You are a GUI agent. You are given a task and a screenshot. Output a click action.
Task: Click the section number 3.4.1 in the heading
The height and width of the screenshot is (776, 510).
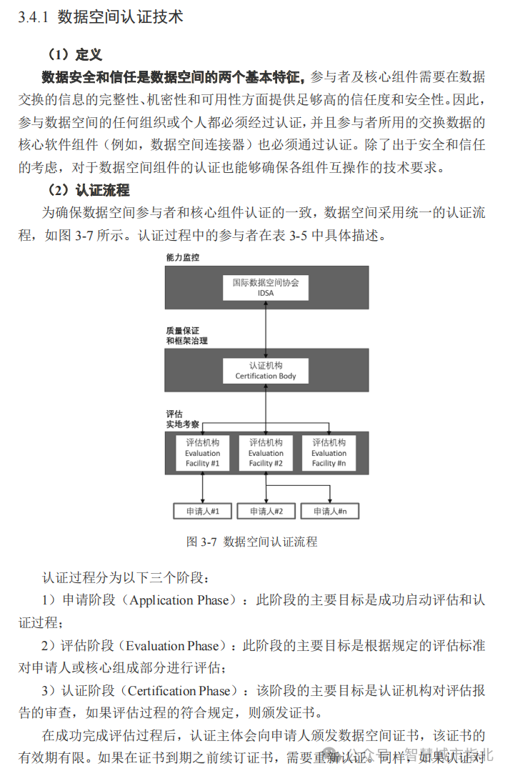point(33,17)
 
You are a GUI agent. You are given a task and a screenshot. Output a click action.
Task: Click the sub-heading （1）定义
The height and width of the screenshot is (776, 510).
point(75,54)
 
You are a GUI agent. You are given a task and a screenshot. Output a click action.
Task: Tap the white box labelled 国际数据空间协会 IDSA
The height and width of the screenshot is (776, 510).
point(266,287)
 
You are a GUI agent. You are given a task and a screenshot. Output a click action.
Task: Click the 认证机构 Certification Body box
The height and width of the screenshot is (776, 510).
point(266,370)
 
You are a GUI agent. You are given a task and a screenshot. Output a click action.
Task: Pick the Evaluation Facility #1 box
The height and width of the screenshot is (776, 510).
point(203,453)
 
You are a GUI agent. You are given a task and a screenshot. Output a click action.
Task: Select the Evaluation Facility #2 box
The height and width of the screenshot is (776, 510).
point(266,453)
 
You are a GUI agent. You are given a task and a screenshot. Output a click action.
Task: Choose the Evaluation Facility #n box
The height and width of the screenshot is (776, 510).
point(329,453)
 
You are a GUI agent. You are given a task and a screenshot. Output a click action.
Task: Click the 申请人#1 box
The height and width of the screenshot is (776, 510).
point(203,511)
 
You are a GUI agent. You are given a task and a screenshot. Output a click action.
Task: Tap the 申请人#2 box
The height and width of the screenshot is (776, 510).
point(266,511)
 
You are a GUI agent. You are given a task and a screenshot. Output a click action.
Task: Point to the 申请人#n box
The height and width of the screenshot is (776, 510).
point(329,511)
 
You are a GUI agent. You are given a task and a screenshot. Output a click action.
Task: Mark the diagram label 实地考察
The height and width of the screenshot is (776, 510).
point(184,424)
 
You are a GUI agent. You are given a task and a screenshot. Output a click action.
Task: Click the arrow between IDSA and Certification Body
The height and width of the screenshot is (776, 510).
point(266,329)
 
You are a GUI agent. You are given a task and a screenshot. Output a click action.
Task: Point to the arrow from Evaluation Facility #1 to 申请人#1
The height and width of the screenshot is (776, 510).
point(203,487)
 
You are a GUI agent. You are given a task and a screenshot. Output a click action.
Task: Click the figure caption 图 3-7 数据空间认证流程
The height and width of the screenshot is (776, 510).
point(251,542)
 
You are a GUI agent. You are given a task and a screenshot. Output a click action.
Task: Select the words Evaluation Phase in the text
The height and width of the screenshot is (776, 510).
point(172,646)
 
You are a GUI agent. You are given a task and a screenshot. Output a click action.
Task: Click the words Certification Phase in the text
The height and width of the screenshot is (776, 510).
point(179,691)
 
